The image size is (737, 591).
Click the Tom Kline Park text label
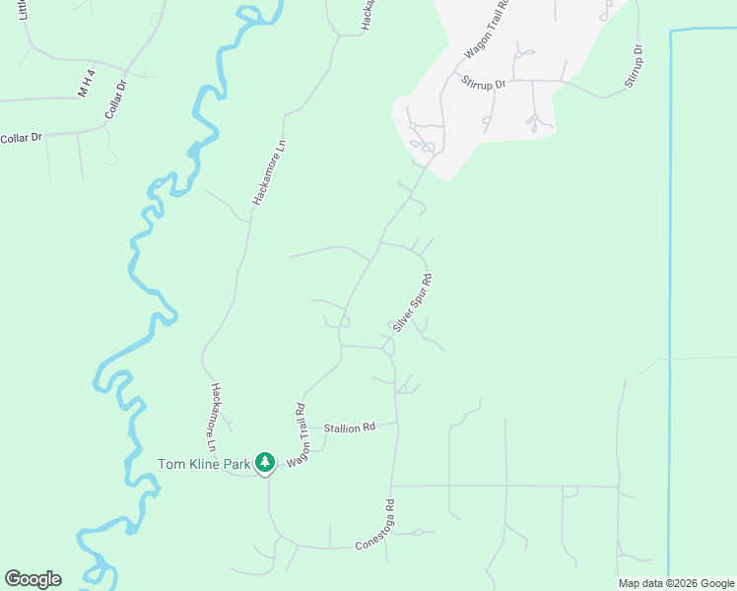pyautogui.click(x=205, y=464)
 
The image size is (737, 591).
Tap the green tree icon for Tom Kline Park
pyautogui.click(x=264, y=462)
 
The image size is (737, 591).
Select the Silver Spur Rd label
pyautogui.click(x=413, y=302)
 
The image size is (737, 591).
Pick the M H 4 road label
pyautogui.click(x=87, y=82)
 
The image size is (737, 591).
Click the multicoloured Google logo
pyautogui.click(x=33, y=579)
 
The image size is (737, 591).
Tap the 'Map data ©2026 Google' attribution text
pyautogui.click(x=676, y=583)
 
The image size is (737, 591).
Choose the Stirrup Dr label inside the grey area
pyautogui.click(x=487, y=84)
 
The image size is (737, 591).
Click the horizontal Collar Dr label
pyautogui.click(x=21, y=138)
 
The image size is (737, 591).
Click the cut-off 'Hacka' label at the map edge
pyautogui.click(x=367, y=14)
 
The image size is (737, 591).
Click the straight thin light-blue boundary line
pyautogui.click(x=670, y=295)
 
